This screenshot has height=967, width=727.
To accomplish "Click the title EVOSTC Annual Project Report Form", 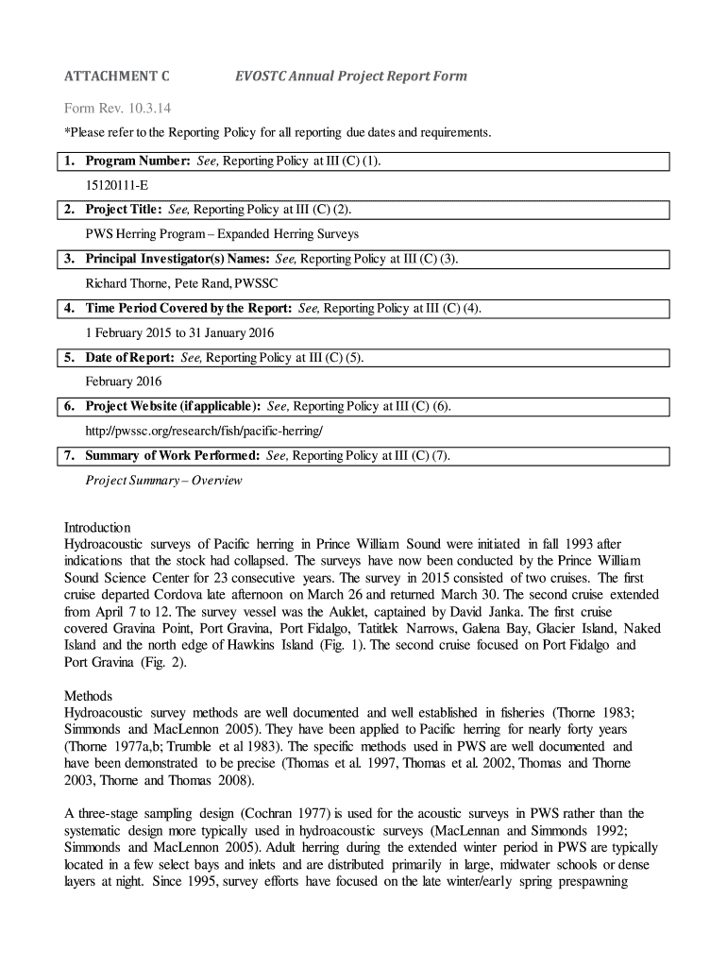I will tap(350, 76).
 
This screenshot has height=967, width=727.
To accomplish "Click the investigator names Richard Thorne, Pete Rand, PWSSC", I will tap(181, 283).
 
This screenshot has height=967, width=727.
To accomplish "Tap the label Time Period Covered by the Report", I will tap(189, 308).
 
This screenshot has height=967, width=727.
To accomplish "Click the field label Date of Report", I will tap(129, 358).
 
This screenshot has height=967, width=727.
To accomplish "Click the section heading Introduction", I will tap(97, 527).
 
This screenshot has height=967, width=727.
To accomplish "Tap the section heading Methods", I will tap(88, 696).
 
